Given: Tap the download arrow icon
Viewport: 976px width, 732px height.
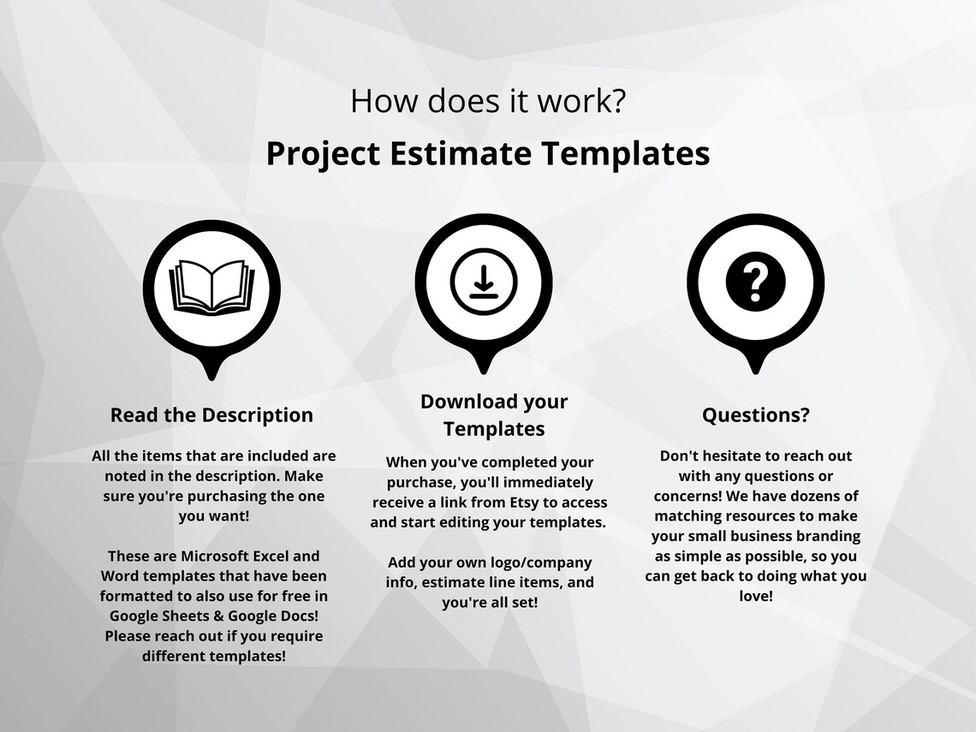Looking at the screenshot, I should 483,283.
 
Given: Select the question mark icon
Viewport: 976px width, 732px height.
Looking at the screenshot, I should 754,283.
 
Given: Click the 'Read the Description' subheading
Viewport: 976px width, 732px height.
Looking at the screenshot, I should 211,415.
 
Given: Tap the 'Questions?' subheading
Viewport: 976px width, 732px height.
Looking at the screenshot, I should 755,415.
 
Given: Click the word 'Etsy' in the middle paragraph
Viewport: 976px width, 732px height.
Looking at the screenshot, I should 521,503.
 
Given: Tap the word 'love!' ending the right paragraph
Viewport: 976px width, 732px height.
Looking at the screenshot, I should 755,595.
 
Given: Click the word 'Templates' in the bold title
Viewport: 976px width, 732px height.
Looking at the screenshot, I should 625,154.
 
